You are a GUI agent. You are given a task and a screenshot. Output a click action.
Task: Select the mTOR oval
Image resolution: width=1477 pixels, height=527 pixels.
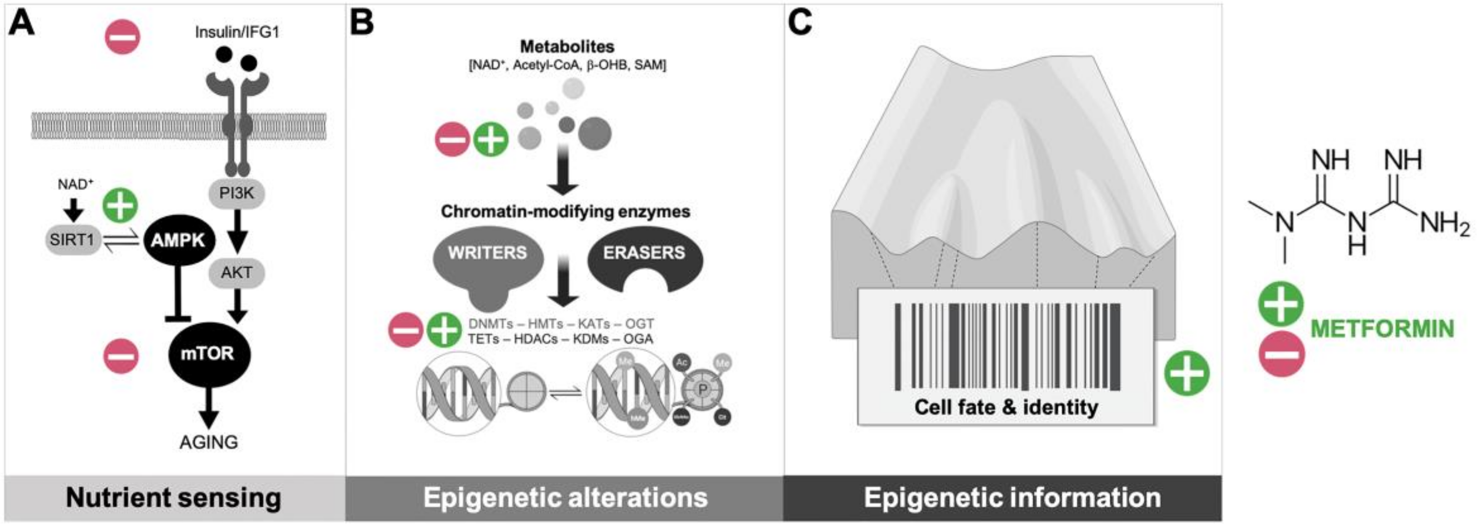[208, 353]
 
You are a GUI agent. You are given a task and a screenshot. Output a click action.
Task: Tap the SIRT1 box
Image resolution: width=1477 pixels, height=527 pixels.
[72, 240]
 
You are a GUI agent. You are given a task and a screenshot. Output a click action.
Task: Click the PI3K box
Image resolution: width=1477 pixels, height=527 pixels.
[236, 194]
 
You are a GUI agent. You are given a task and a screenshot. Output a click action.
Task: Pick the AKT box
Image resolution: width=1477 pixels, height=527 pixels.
[236, 272]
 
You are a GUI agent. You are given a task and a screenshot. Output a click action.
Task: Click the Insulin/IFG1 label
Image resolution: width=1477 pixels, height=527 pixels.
[237, 32]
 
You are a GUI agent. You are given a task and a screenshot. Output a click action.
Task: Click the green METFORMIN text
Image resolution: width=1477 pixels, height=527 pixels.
[1382, 329]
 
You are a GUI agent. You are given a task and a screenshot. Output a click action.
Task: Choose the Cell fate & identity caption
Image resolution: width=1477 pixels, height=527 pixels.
[1006, 407]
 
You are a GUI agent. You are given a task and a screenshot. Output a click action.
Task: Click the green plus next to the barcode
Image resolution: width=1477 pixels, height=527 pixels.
[1186, 373]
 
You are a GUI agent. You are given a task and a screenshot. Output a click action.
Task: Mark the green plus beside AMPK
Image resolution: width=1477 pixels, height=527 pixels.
[120, 205]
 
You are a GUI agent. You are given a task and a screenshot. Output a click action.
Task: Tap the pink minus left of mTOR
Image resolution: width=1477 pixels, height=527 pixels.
[121, 356]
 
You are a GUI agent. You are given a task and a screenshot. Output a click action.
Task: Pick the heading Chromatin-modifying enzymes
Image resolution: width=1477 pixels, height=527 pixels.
[565, 212]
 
